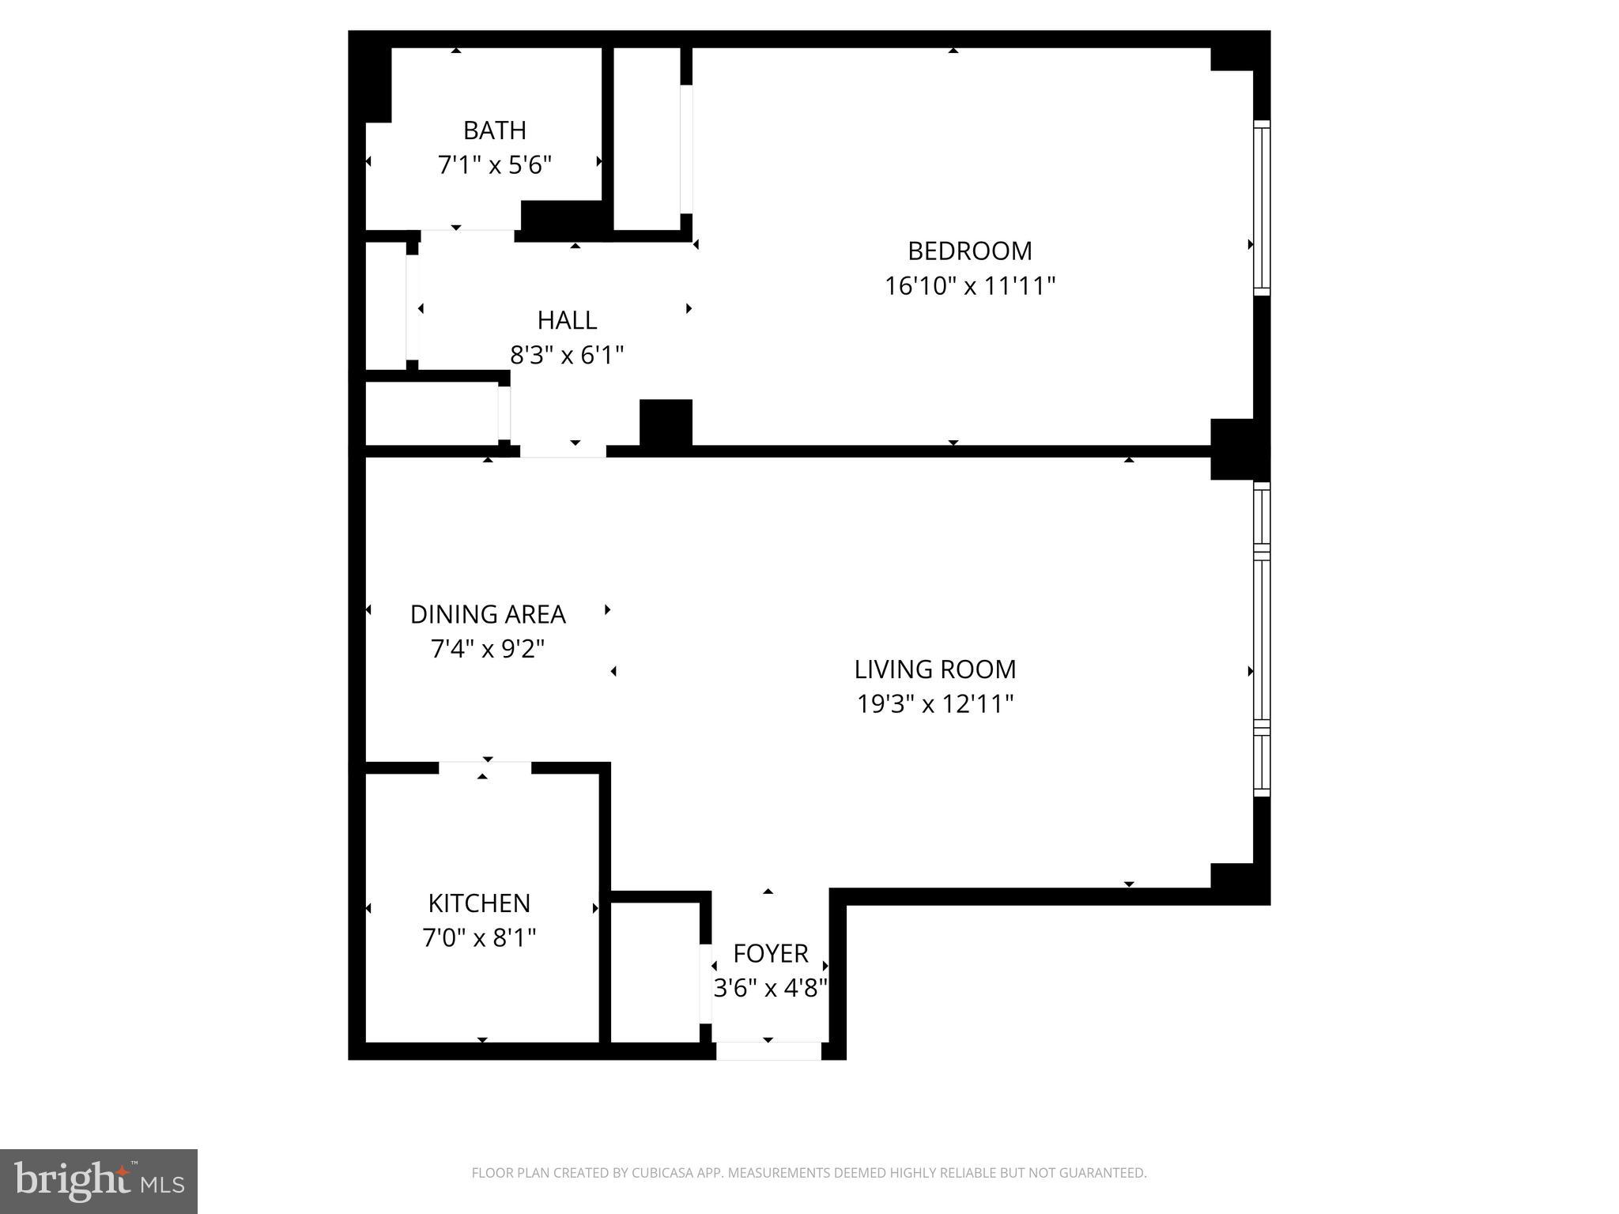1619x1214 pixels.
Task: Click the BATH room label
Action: point(494,130)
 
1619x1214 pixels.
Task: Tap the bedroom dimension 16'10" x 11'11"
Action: point(969,285)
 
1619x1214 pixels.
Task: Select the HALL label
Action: point(567,320)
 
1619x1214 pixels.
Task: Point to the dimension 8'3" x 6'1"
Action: point(567,356)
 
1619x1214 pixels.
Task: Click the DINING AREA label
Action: point(488,614)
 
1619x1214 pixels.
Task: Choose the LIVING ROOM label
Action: point(934,669)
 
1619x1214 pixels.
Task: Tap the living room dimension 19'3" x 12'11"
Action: point(934,703)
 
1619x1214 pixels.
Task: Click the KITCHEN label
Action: point(479,903)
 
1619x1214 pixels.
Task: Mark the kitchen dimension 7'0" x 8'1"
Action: point(479,938)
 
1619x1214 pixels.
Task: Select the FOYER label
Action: point(770,954)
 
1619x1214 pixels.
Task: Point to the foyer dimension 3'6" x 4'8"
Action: point(770,988)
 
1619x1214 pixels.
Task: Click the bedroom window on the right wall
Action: point(1262,209)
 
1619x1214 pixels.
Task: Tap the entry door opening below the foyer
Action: point(768,1051)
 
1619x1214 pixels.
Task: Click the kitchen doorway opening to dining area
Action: point(485,767)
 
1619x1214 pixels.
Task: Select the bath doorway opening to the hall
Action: point(466,236)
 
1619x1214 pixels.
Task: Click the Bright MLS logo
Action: point(99,1181)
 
